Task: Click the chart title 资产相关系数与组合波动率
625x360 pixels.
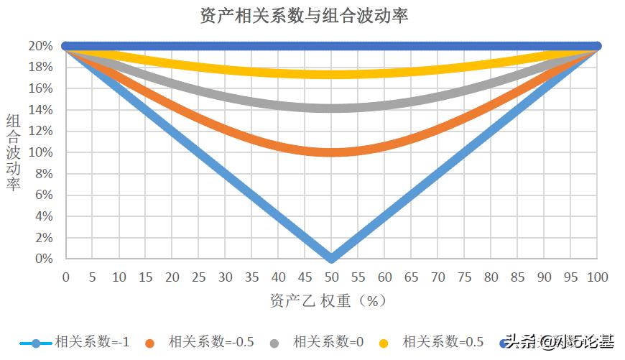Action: coord(304,16)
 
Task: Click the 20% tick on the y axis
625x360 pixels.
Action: coord(41,46)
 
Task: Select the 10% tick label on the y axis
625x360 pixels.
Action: coord(41,152)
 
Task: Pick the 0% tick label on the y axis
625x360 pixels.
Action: coord(44,259)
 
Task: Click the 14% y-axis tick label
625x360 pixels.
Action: coord(41,110)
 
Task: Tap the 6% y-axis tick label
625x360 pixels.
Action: coord(44,195)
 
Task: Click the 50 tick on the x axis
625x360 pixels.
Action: coord(331,277)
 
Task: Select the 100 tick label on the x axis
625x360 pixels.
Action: coord(597,277)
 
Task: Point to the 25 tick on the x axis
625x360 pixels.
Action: coord(198,277)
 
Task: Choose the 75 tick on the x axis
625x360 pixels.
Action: coord(464,277)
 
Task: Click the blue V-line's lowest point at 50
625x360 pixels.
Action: coord(331,257)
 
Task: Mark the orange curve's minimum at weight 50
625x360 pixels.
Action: coord(331,152)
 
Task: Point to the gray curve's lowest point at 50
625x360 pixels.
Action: coord(331,108)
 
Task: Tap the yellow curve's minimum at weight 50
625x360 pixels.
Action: coord(331,74)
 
